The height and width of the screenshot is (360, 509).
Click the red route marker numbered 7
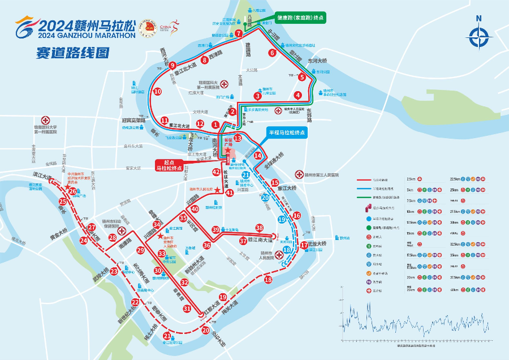coord(239,33)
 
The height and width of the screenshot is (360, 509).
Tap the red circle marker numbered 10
coord(157,91)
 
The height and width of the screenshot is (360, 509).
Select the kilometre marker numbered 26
coord(72,192)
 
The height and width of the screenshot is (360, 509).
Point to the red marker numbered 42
coord(216,172)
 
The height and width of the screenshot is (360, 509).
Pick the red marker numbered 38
coord(260,228)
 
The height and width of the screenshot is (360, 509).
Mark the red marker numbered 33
coord(162,254)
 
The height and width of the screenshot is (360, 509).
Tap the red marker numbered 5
coord(303,78)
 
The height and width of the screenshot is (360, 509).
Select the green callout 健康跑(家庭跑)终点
coord(300,18)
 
